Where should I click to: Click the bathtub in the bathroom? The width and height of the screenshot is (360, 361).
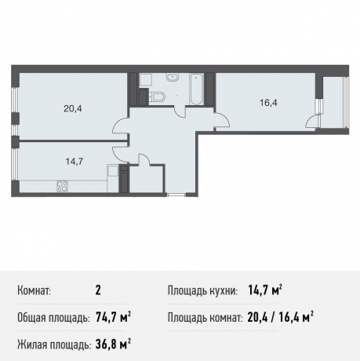[196, 90]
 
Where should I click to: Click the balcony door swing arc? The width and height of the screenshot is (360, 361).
[312, 120]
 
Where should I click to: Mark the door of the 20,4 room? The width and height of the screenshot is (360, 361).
[120, 126]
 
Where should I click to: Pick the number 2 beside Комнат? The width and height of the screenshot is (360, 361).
[97, 291]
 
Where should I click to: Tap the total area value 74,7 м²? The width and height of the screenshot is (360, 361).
[112, 317]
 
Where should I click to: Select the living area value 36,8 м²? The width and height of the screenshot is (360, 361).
[112, 343]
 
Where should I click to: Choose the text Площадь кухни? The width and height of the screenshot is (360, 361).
[202, 291]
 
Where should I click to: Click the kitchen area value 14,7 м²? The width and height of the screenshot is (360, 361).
[265, 291]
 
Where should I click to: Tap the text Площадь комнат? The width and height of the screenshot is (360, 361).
[203, 317]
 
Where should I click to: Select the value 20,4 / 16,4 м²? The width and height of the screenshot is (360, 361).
[281, 317]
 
